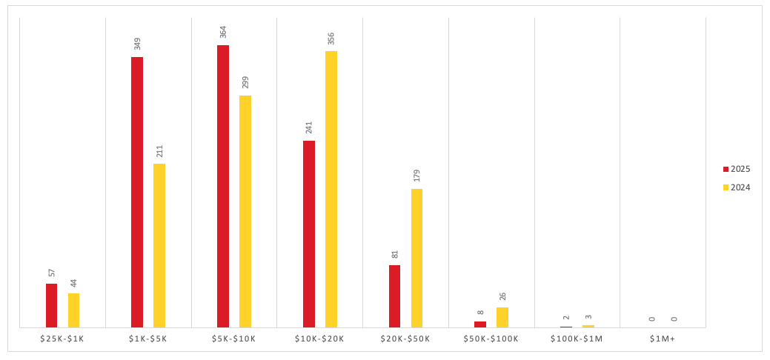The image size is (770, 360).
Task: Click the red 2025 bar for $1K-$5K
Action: (x=137, y=192)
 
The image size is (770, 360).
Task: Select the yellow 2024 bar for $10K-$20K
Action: (x=331, y=189)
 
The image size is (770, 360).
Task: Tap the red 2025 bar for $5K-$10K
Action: (x=223, y=186)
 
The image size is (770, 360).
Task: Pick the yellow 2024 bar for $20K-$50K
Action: (x=416, y=258)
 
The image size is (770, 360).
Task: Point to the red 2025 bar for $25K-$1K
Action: (x=51, y=305)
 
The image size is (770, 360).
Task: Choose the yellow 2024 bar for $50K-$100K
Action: (x=502, y=317)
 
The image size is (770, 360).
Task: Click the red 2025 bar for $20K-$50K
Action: (x=394, y=296)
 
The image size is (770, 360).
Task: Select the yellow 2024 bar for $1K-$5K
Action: (x=159, y=245)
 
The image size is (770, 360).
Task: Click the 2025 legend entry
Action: (x=737, y=169)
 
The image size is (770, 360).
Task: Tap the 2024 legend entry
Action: (x=737, y=187)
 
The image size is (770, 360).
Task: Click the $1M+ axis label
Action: (x=663, y=339)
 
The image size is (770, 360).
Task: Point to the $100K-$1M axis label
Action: (x=577, y=339)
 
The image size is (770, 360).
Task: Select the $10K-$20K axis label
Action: (x=319, y=339)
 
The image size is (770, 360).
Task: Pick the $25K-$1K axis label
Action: (x=62, y=339)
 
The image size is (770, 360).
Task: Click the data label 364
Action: (x=223, y=33)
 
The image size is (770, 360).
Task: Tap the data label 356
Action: (x=331, y=39)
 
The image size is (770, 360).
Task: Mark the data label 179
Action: (x=416, y=176)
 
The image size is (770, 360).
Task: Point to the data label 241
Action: (x=309, y=128)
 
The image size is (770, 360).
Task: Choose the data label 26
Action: (x=502, y=296)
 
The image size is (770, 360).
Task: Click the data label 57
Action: (x=52, y=273)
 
